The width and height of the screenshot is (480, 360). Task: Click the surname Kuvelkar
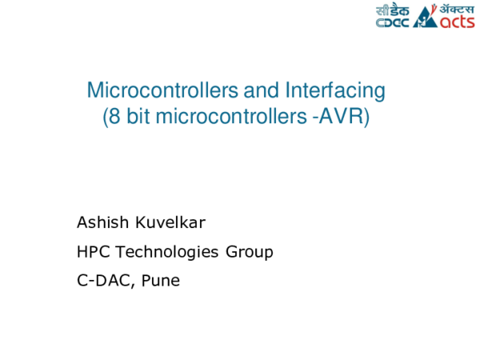coord(160,222)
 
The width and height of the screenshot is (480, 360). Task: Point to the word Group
coord(250,253)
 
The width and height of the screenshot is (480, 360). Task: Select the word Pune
coord(161,282)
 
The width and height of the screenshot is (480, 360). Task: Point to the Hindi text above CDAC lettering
coord(392,10)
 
